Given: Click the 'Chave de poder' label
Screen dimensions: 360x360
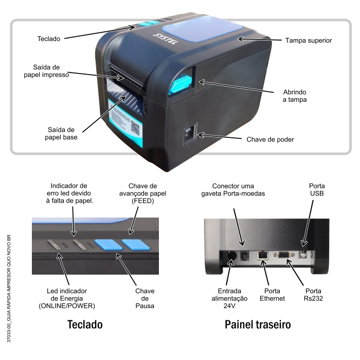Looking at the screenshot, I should pyautogui.click(x=271, y=139).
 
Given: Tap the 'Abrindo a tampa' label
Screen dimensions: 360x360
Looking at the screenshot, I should pyautogui.click(x=295, y=96).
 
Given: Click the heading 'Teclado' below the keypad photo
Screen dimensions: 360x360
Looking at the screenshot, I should pyautogui.click(x=85, y=325).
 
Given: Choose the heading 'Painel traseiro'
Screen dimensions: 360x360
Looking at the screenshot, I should pyautogui.click(x=258, y=325).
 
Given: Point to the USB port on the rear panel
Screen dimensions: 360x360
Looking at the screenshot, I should pyautogui.click(x=303, y=253).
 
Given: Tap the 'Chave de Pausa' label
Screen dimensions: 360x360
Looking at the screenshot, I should pyautogui.click(x=145, y=298).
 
